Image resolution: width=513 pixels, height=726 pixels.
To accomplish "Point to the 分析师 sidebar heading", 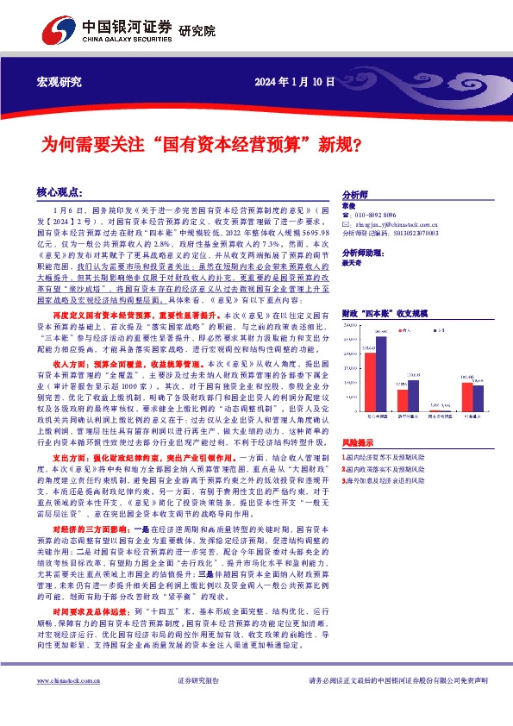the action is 356,195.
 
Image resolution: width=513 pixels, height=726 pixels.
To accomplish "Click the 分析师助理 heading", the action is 365,252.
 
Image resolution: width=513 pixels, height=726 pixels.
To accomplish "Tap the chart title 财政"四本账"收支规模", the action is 385,315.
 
